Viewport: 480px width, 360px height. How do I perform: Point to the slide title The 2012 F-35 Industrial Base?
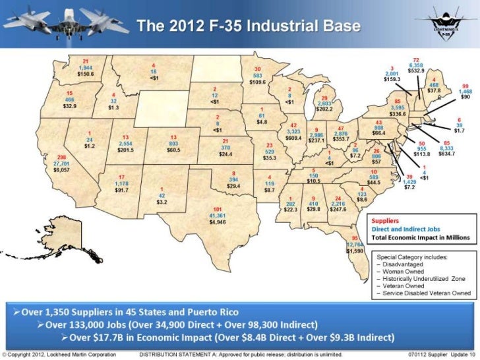click(x=248, y=26)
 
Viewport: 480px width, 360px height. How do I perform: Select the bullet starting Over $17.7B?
click(x=231, y=339)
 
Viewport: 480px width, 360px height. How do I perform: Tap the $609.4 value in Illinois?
click(x=294, y=138)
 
